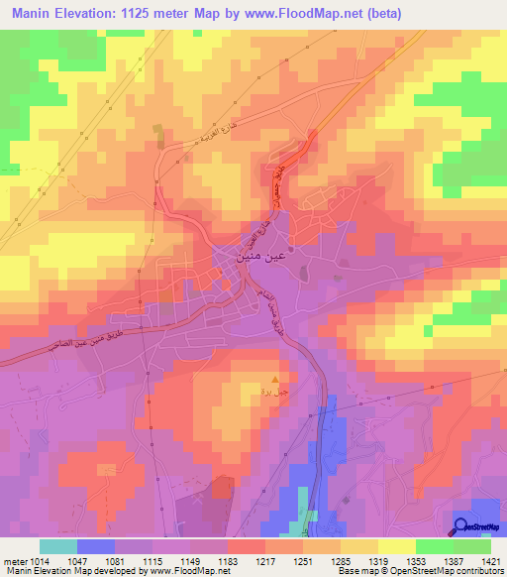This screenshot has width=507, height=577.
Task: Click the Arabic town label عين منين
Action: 237,256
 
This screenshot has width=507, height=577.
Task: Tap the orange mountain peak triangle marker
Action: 275,377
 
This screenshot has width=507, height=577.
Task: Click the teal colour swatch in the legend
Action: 58,546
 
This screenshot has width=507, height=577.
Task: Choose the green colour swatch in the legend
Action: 435,546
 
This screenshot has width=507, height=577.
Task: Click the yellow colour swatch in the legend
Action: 397,546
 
